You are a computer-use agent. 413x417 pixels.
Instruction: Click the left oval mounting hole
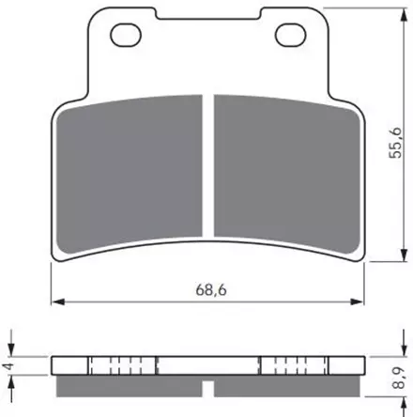(x=124, y=37)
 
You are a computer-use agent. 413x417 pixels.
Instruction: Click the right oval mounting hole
(x=289, y=37)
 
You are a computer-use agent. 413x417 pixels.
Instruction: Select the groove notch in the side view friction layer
(x=207, y=384)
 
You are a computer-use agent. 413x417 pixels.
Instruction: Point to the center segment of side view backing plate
(x=207, y=366)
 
